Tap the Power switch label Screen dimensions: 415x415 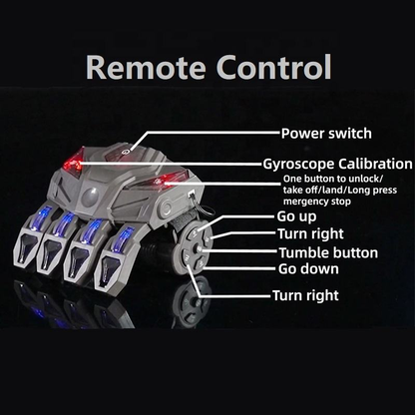click(x=325, y=133)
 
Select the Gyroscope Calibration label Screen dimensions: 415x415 click(x=337, y=163)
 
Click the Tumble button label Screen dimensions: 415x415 click(x=328, y=252)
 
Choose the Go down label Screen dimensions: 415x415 click(x=308, y=268)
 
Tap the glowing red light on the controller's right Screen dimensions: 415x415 click(x=172, y=180)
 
